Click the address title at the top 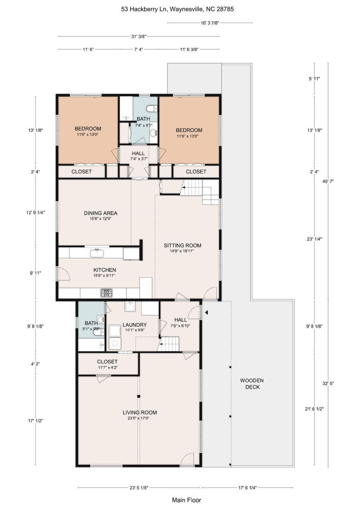pyautogui.click(x=178, y=9)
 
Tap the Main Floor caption pyautogui.click(x=186, y=500)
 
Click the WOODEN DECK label pyautogui.click(x=252, y=383)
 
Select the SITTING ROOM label pyautogui.click(x=182, y=246)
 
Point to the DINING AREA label pyautogui.click(x=101, y=213)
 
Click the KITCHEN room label pyautogui.click(x=105, y=270)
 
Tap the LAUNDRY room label pyautogui.click(x=135, y=325)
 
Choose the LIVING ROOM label pyautogui.click(x=140, y=413)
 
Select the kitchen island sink pyautogui.click(x=97, y=253)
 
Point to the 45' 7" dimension pyautogui.click(x=328, y=181)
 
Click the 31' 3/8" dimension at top pyautogui.click(x=138, y=36)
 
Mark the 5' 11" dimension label pyautogui.click(x=314, y=79)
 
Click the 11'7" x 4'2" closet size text pyautogui.click(x=107, y=367)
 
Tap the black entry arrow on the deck pyautogui.click(x=206, y=313)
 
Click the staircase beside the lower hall pyautogui.click(x=170, y=344)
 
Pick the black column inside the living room pyautogui.click(x=138, y=396)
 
